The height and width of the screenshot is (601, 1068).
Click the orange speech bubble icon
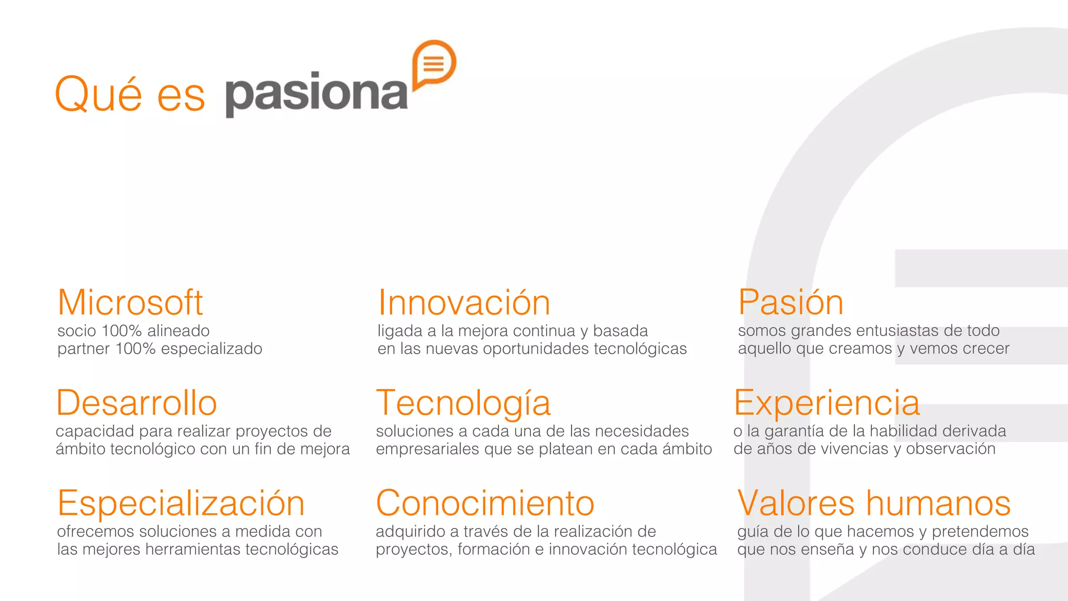pos(433,64)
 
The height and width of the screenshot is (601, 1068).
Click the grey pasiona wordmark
pos(316,94)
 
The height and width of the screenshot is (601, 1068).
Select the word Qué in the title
pos(98,94)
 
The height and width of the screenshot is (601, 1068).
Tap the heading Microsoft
pos(130,303)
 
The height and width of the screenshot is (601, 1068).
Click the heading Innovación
pos(464,303)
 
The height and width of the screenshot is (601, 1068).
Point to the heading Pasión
pos(791,303)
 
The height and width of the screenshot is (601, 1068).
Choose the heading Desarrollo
pos(136,403)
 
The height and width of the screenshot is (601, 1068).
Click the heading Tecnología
pos(463,403)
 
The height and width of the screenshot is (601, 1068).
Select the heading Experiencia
pos(827,403)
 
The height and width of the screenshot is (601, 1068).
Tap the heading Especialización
pos(181,503)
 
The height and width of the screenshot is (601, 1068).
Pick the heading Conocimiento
pos(485,503)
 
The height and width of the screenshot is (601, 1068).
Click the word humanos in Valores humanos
pos(938,503)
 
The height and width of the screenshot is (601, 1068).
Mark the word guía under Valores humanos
pos(753,532)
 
